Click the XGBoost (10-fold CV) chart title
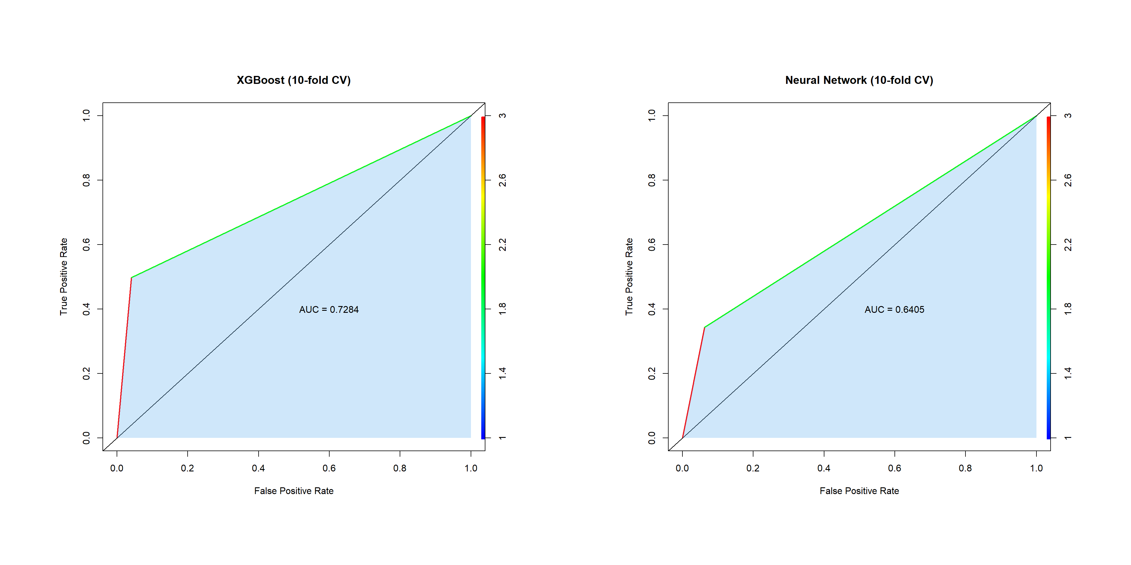pyautogui.click(x=293, y=80)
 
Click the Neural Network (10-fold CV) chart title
pyautogui.click(x=859, y=80)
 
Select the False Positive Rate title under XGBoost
pyautogui.click(x=293, y=491)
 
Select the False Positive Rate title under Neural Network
pyautogui.click(x=859, y=491)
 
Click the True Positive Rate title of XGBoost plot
pyautogui.click(x=64, y=276)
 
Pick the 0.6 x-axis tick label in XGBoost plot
pyautogui.click(x=329, y=468)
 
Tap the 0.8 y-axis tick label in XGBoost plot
pyautogui.click(x=87, y=180)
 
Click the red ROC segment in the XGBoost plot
pyautogui.click(x=124, y=358)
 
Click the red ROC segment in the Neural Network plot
pyautogui.click(x=693, y=383)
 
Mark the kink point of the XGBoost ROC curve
pyautogui.click(x=131, y=278)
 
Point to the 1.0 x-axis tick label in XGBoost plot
pyautogui.click(x=471, y=468)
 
